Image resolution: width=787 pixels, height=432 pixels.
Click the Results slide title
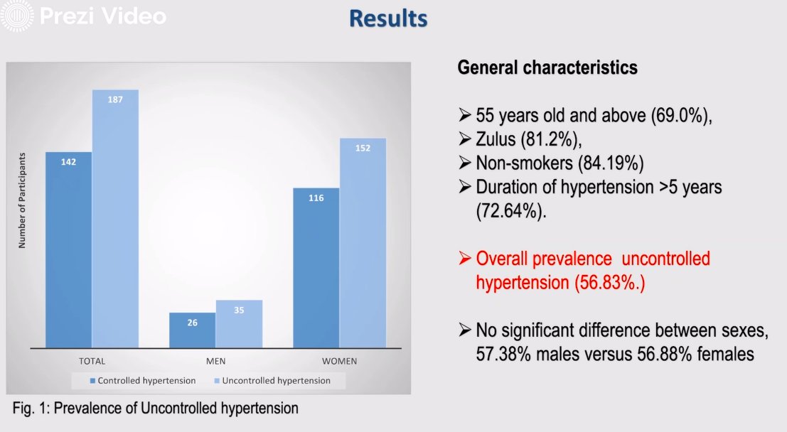coord(388,18)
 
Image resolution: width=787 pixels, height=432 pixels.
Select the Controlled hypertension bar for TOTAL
coord(69,249)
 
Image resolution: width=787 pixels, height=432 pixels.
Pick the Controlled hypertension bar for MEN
coord(192,330)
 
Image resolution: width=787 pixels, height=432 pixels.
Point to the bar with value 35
coord(239,323)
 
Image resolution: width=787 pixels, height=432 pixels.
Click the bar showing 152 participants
coord(363,242)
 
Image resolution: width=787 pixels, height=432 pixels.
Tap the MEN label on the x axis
coord(215,361)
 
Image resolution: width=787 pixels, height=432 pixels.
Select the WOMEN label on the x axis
coord(339,361)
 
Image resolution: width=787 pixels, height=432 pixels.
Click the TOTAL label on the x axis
coord(92,361)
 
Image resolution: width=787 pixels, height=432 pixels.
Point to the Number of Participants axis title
coord(22,200)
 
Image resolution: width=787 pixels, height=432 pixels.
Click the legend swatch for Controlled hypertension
coord(92,381)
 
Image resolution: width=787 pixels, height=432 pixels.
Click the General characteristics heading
coord(547,68)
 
